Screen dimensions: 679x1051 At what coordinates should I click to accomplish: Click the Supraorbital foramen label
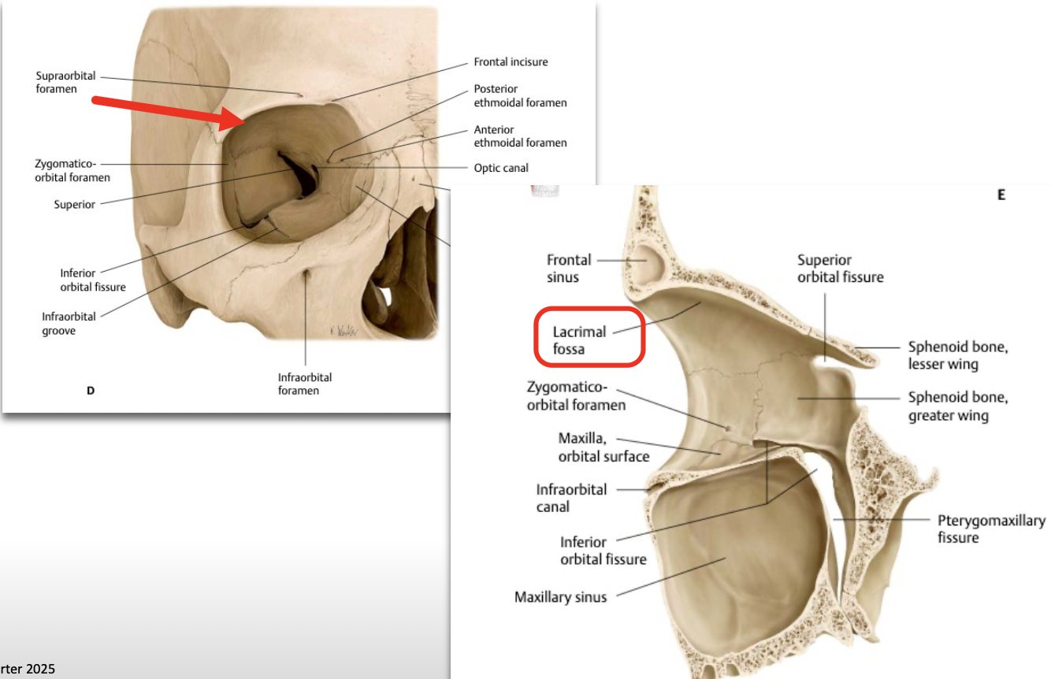coord(65,83)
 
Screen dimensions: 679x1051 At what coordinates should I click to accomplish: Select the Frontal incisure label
coord(511,62)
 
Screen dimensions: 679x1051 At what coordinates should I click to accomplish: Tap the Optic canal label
coord(501,168)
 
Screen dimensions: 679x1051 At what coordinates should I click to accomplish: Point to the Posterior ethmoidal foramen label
coord(520,96)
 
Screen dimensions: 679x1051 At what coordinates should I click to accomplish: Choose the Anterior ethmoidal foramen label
coord(520,136)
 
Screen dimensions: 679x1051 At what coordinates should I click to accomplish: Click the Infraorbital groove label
coord(69,323)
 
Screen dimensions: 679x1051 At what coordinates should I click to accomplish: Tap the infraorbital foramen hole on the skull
coord(306,280)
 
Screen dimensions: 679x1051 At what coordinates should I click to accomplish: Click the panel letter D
coord(91,389)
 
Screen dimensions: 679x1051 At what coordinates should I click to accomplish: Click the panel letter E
coord(1001,195)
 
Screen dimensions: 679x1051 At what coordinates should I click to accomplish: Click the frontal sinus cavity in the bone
coord(651,263)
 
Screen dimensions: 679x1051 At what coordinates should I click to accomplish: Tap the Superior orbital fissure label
coord(840,268)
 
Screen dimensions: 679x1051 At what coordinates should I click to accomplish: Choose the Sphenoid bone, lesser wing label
coord(957,355)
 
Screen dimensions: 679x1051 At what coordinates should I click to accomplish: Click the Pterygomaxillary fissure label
coord(990,529)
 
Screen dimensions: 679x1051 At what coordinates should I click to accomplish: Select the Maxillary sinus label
coord(560,597)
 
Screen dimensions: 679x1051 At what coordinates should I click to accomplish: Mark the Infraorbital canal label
coord(571,498)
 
